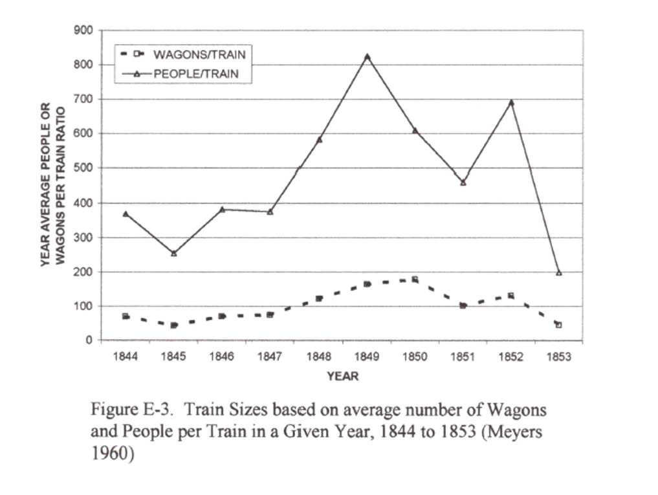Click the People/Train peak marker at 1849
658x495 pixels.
pyautogui.click(x=367, y=56)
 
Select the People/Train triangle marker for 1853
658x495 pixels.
pyautogui.click(x=559, y=272)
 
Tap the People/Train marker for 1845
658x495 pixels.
pyautogui.click(x=173, y=253)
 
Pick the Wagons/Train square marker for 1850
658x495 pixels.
pyautogui.click(x=415, y=280)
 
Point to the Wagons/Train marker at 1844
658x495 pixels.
pyautogui.click(x=126, y=316)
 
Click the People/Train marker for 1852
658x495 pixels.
pyautogui.click(x=511, y=102)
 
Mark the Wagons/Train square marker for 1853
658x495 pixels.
pyautogui.click(x=559, y=325)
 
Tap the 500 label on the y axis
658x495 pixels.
pyautogui.click(x=85, y=168)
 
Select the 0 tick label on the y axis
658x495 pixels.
pyautogui.click(x=90, y=340)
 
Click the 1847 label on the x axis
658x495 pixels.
pyautogui.click(x=270, y=357)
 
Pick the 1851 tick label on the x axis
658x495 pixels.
pyautogui.click(x=463, y=357)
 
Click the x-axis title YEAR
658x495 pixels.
pyautogui.click(x=342, y=376)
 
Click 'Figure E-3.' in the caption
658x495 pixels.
pyautogui.click(x=125, y=410)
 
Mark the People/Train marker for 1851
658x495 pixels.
pyautogui.click(x=463, y=182)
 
